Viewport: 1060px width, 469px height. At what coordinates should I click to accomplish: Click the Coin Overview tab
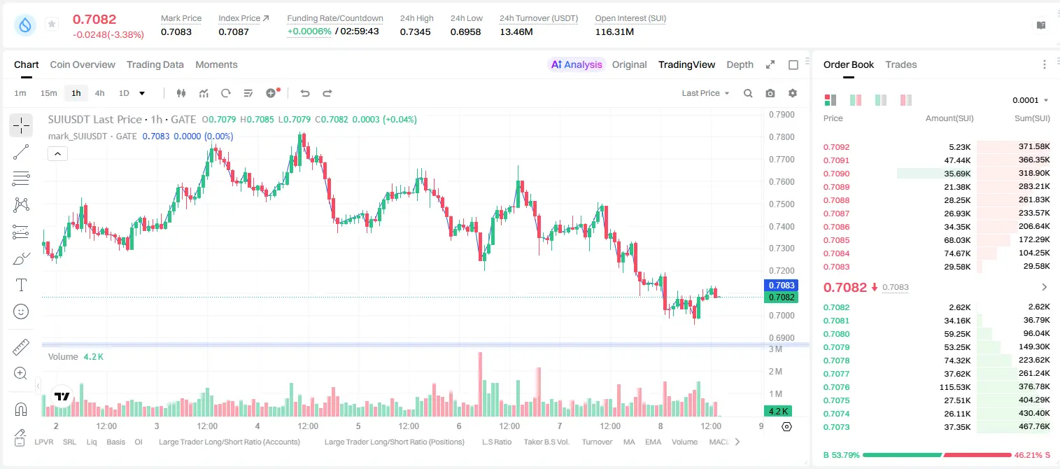[83, 64]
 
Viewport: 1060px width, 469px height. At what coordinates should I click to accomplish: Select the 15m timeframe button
[48, 93]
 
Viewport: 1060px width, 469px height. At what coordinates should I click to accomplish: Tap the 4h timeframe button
[99, 93]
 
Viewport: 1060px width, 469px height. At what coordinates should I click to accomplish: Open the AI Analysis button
[577, 64]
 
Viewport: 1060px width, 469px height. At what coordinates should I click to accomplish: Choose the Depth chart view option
[740, 64]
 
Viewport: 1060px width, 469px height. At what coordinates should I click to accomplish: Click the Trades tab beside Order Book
[901, 64]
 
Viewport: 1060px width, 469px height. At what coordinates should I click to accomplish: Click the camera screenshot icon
[770, 93]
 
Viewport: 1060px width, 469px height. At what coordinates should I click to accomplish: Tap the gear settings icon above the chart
[793, 93]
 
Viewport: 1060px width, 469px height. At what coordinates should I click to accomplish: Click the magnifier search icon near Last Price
[748, 93]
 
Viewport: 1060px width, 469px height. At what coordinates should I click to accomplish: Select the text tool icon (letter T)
[21, 285]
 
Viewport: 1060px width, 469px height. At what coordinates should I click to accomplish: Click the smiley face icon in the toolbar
[21, 311]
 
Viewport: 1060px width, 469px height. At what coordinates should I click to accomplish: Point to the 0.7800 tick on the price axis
[782, 136]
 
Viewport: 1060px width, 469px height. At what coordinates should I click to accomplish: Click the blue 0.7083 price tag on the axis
[782, 286]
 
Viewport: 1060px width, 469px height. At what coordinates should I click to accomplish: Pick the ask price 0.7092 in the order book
[836, 147]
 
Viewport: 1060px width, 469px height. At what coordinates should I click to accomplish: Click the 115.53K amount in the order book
[955, 387]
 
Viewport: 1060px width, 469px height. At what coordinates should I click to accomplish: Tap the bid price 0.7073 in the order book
[836, 427]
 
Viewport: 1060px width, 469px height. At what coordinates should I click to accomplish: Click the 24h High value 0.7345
[415, 31]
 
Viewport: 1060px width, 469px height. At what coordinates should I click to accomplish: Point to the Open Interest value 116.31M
[614, 31]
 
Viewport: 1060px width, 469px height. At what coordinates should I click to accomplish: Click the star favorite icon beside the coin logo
[52, 24]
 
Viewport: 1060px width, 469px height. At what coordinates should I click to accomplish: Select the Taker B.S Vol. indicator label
[546, 442]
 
